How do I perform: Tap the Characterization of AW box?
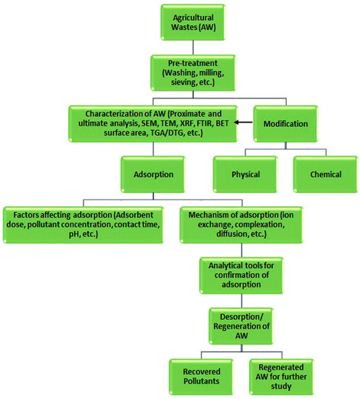pyautogui.click(x=155, y=125)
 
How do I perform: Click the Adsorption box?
pyautogui.click(x=156, y=175)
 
